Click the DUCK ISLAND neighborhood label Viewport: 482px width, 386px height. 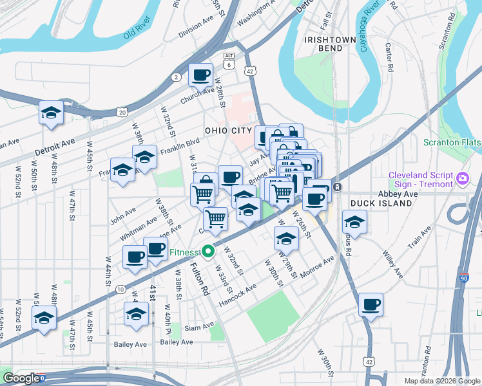pos(381,203)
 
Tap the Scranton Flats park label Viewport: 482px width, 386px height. pos(452,142)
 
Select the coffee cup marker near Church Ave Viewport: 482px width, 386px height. pos(200,75)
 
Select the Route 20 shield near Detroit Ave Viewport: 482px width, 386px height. pos(122,112)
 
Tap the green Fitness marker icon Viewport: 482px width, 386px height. pos(207,252)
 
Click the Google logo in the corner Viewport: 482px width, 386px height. pos(22,378)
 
